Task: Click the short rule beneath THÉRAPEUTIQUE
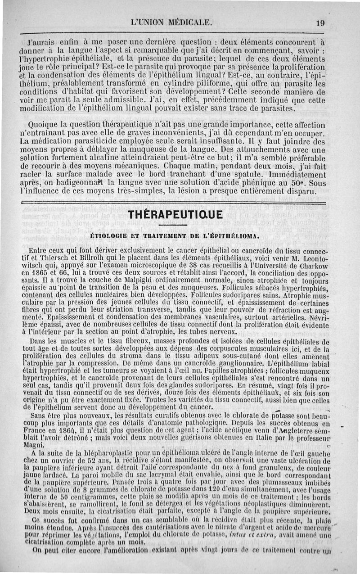tap(175, 225)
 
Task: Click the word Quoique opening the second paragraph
tap(41, 125)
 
